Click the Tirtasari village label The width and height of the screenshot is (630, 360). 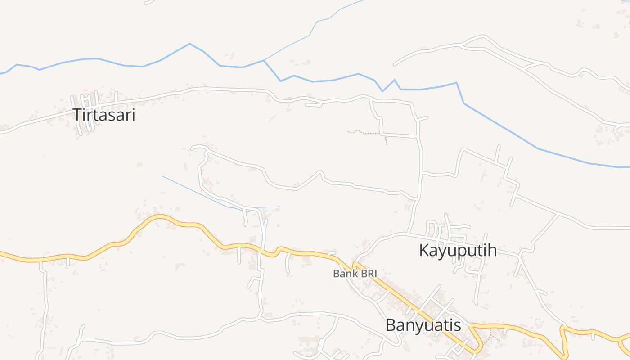point(104,115)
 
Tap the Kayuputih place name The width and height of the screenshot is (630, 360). point(458,250)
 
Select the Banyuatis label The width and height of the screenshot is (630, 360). point(423,325)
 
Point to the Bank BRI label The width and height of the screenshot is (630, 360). point(355,273)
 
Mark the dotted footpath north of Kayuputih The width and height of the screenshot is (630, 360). point(367,133)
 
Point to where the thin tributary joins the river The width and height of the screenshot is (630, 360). point(264,60)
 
